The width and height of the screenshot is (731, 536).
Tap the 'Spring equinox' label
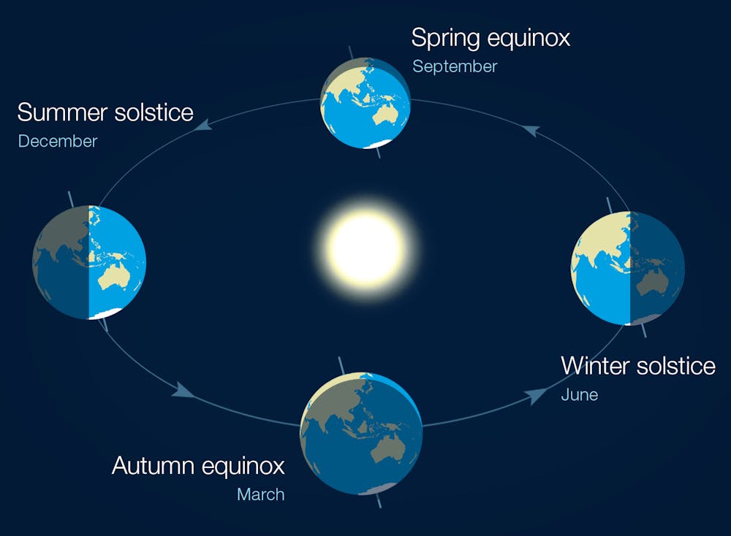[x=490, y=38]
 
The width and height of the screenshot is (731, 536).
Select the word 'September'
[x=454, y=66]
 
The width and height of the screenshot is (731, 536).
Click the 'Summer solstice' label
[x=105, y=112]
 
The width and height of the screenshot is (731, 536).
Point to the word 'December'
[x=57, y=141]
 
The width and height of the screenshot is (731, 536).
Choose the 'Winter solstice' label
[x=637, y=365]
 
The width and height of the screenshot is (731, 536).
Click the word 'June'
[x=579, y=395]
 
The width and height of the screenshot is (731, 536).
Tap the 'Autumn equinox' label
[x=198, y=465]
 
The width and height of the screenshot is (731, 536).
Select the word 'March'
[x=260, y=494]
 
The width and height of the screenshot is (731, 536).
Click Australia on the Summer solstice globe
[x=114, y=277]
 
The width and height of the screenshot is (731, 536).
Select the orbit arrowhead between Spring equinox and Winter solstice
[x=531, y=131]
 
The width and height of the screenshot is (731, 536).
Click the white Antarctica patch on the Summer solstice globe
[x=104, y=314]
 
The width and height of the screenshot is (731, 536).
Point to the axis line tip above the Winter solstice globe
[x=608, y=199]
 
